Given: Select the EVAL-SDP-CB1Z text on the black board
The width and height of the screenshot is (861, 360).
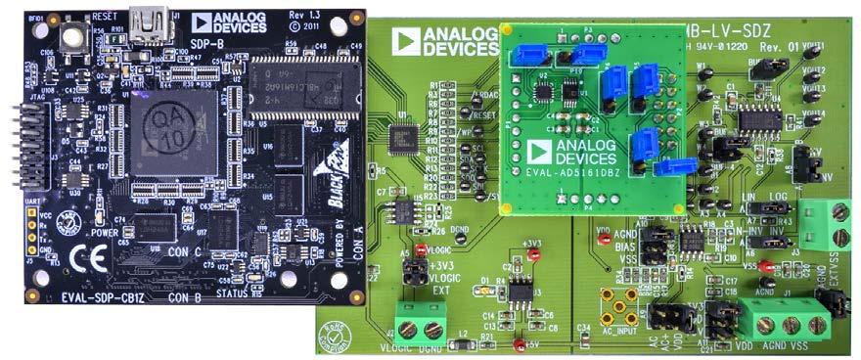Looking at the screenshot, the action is coord(93,292).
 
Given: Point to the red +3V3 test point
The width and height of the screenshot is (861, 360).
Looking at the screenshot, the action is coord(534,254).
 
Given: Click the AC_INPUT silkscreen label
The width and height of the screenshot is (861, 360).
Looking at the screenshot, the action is coord(619,332).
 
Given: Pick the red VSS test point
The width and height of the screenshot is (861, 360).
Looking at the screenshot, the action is coord(766,265).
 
